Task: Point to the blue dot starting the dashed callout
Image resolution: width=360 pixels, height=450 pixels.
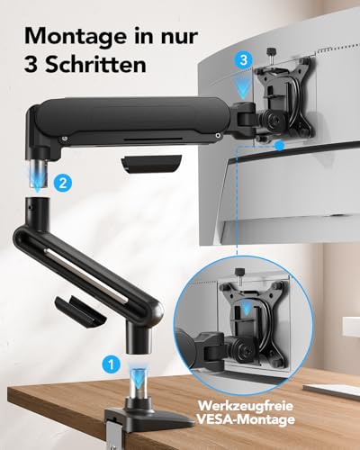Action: click(x=283, y=144)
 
